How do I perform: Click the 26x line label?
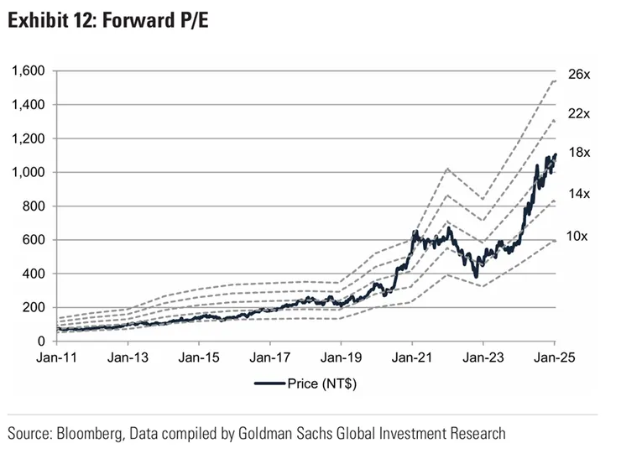point(579,75)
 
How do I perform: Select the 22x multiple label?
point(579,113)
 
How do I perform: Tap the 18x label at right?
point(579,154)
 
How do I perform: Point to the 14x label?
point(579,194)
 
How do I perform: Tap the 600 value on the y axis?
point(34,240)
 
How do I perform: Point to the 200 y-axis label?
point(34,307)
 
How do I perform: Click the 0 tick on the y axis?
point(40,342)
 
